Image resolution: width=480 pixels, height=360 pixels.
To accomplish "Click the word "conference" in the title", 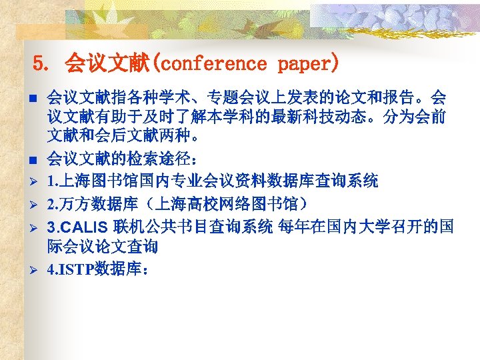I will [213, 65].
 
